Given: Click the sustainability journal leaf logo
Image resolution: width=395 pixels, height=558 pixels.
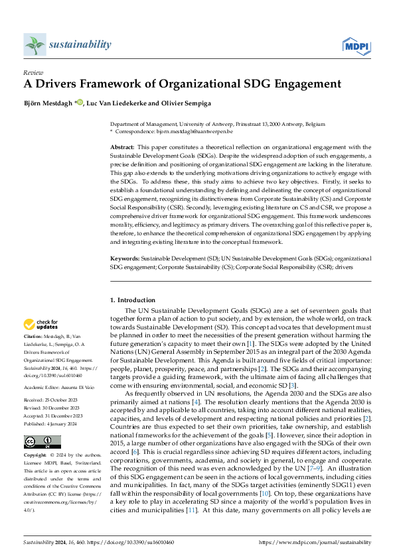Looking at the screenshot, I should pos(34,44).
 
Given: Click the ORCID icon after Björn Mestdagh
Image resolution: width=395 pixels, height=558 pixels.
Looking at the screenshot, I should pos(80,102).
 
